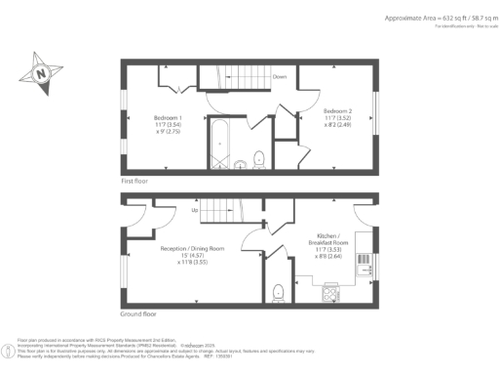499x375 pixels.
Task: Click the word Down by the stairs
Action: click(x=279, y=74)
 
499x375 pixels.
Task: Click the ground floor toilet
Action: click(x=279, y=291)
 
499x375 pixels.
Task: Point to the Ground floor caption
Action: click(x=139, y=313)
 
